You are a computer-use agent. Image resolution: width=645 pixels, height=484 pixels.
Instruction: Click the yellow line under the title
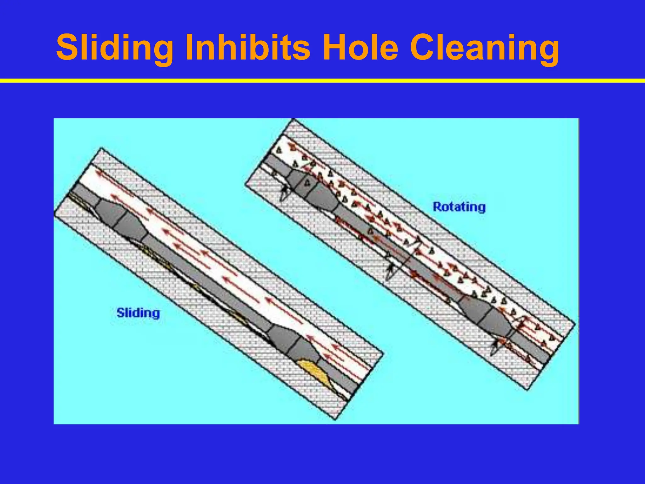point(322,81)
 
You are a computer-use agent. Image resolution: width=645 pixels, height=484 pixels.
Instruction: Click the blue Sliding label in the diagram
point(138,313)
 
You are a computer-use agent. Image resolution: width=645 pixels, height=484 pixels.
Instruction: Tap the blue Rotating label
point(459,207)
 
